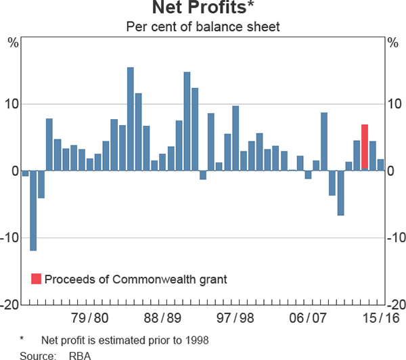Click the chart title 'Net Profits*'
pyautogui.click(x=203, y=9)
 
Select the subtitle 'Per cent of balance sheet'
pyautogui.click(x=203, y=28)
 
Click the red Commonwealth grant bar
pyautogui.click(x=365, y=147)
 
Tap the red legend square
pyautogui.click(x=37, y=279)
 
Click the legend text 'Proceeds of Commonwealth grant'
pyautogui.click(x=135, y=279)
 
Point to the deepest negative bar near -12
pyautogui.click(x=33, y=210)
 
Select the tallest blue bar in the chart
pyautogui.click(x=131, y=118)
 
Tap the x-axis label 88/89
pyautogui.click(x=163, y=318)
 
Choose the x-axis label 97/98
pyautogui.click(x=236, y=318)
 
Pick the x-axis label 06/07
pyautogui.click(x=309, y=318)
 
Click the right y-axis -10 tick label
pyautogui.click(x=394, y=238)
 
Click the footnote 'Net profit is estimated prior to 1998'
pyautogui.click(x=125, y=340)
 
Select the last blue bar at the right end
pyautogui.click(x=381, y=164)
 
